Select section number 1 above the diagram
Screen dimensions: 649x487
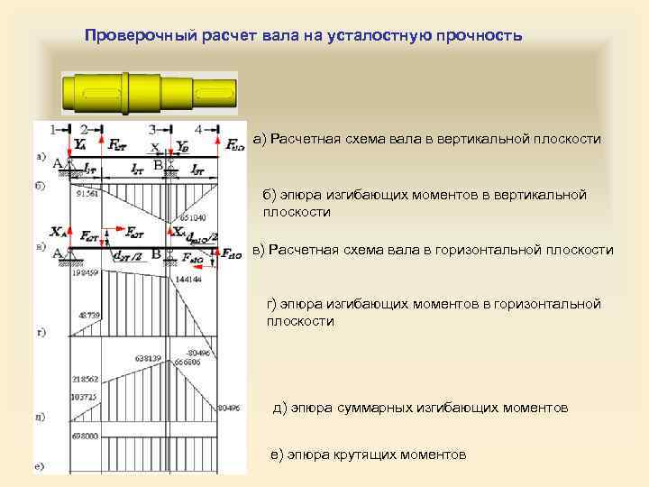pyautogui.click(x=56, y=129)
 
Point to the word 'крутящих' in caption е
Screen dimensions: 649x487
pyautogui.click(x=356, y=455)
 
